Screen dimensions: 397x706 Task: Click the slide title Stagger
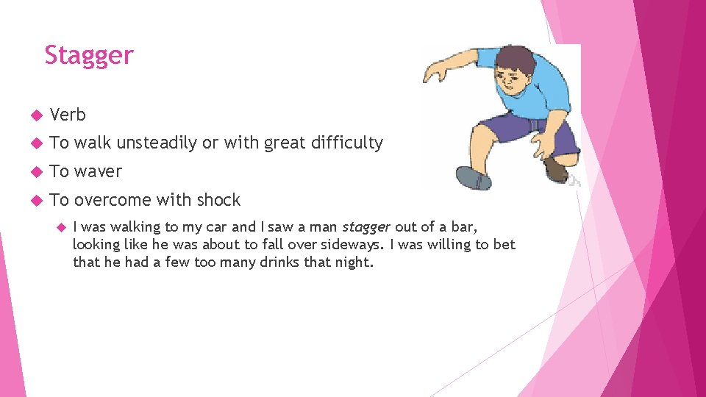[89, 56]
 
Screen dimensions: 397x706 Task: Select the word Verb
[68, 115]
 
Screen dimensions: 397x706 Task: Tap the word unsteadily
[157, 143]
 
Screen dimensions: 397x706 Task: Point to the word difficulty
[347, 143]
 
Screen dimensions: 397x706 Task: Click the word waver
[98, 172]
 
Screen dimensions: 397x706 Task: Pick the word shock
[218, 200]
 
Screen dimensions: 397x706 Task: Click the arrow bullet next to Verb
[33, 115]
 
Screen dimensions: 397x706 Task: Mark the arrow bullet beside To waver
[33, 172]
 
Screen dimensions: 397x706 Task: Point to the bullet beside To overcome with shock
[33, 201]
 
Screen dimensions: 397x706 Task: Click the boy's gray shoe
[473, 178]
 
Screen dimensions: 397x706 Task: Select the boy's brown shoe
[557, 170]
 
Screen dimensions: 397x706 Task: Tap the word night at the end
[355, 262]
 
